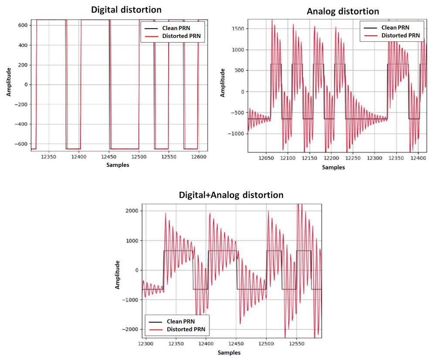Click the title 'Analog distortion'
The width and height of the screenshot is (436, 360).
click(343, 11)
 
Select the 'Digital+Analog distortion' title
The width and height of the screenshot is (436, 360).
click(231, 195)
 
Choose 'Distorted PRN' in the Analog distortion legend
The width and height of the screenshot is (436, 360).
click(401, 35)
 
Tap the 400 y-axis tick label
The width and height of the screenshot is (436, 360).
click(23, 45)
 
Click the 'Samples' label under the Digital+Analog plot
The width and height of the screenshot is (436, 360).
click(229, 352)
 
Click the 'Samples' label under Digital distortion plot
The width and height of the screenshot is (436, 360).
click(117, 165)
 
